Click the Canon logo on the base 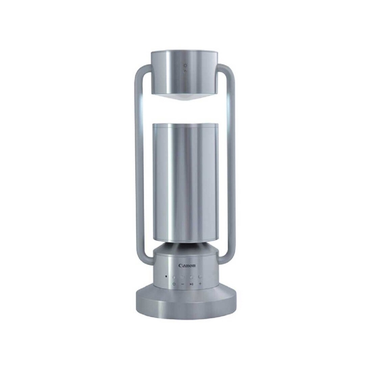[187, 266]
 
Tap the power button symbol [174, 284]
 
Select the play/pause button [192, 284]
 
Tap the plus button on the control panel [200, 284]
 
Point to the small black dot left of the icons [166, 276]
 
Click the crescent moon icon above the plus [200, 277]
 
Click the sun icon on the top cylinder [186, 66]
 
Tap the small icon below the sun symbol [185, 70]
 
